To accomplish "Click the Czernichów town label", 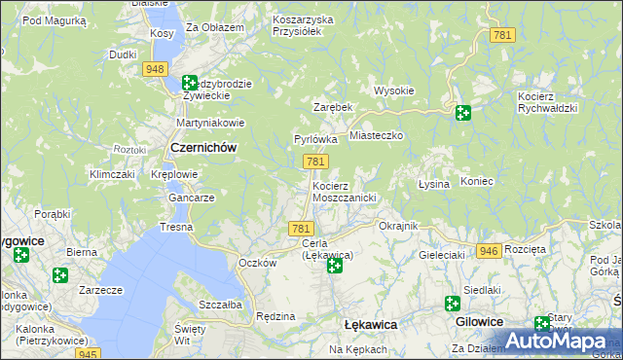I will click(203, 147).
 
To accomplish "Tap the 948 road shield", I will click(153, 68).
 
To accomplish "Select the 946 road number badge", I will click(489, 251).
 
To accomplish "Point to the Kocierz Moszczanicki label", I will click(344, 191).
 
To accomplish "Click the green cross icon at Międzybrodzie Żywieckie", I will click(190, 84).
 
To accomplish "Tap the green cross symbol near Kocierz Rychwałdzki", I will click(462, 113).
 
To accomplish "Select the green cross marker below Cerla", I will click(335, 265).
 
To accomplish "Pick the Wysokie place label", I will click(394, 90).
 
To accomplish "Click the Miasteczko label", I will click(376, 137).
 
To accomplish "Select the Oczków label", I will click(258, 263).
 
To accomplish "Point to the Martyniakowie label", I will click(208, 123).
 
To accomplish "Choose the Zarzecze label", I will click(100, 290).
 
